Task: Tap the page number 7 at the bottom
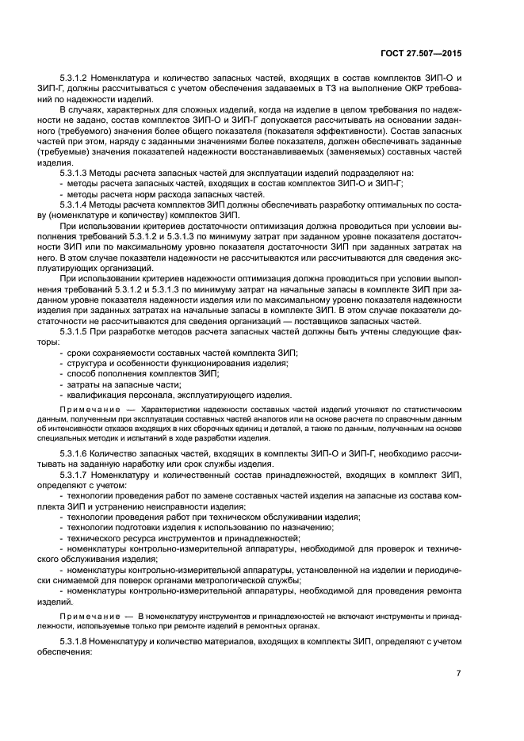point(459,674)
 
